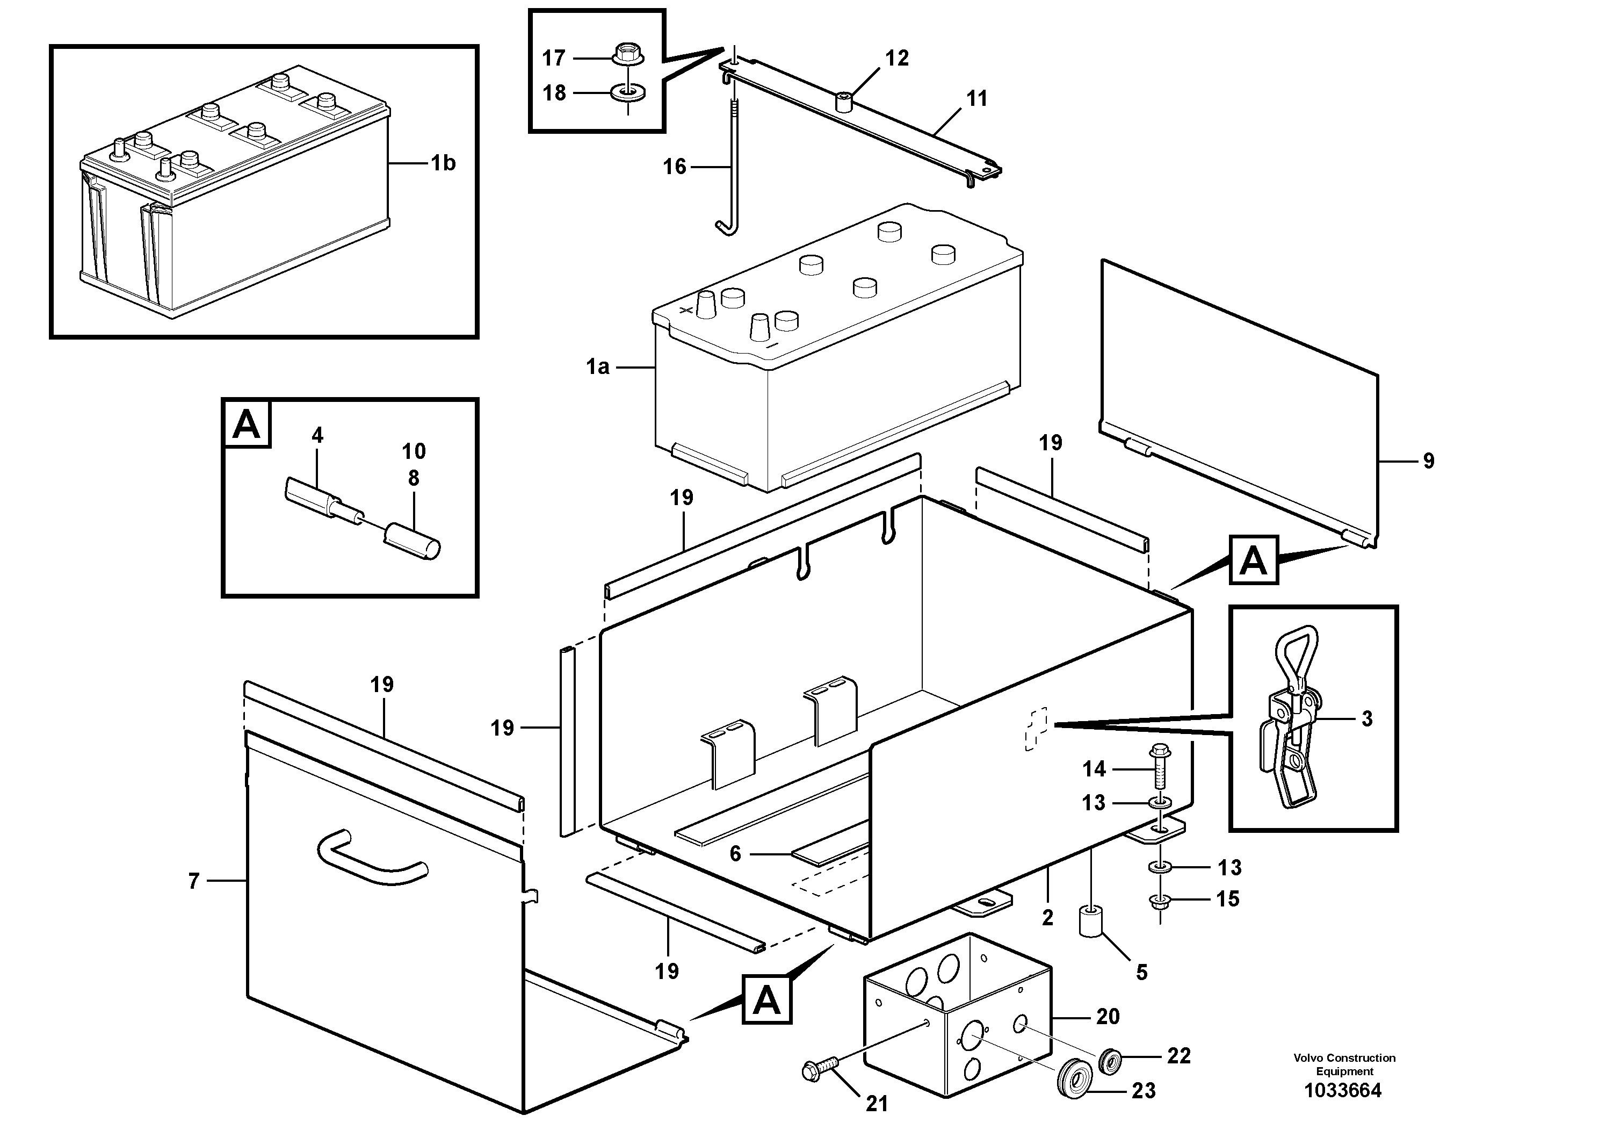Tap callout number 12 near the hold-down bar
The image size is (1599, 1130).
pyautogui.click(x=897, y=59)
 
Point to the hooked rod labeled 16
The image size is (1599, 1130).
pyautogui.click(x=732, y=167)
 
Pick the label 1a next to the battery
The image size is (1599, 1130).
pyautogui.click(x=597, y=366)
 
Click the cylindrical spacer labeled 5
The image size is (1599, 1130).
pyautogui.click(x=1091, y=921)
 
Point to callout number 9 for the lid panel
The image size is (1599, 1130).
pyautogui.click(x=1428, y=460)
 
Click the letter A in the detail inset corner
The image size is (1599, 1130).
pyautogui.click(x=247, y=423)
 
